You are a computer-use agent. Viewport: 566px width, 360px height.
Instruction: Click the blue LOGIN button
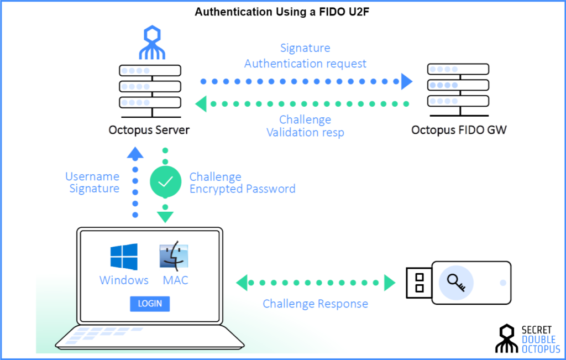pos(150,304)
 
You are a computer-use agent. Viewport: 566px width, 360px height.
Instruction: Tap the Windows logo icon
pos(124,257)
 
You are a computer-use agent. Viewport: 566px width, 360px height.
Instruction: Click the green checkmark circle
pos(166,181)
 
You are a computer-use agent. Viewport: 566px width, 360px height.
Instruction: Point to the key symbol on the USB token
pos(457,283)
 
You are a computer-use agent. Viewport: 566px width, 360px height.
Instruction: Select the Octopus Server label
pos(149,131)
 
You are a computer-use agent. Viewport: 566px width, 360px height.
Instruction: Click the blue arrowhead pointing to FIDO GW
pos(407,82)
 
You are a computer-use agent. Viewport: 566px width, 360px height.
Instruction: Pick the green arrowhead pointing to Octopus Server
pos(202,103)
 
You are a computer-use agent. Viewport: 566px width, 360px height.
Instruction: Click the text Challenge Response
pos(315,304)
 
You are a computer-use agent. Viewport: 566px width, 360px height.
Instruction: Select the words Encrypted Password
pos(242,189)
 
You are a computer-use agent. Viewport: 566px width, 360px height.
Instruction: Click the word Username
pos(92,176)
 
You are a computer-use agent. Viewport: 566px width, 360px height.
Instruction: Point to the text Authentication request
pos(305,64)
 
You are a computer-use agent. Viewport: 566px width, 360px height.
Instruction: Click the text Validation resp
pos(305,132)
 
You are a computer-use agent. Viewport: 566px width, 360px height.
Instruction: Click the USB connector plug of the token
pos(418,283)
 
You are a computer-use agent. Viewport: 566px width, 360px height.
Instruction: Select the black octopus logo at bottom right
pos(506,338)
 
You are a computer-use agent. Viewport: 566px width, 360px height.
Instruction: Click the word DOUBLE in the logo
pos(540,339)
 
